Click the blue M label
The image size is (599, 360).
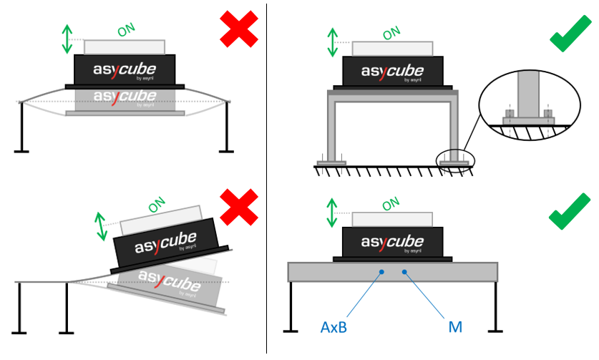[x=454, y=327]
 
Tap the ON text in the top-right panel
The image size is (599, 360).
[x=391, y=33]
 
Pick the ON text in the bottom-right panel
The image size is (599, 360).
[x=391, y=204]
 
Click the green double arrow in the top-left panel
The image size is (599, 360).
[x=67, y=39]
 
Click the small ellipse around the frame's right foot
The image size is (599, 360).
[x=455, y=160]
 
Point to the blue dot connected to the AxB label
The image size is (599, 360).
[x=383, y=272]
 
